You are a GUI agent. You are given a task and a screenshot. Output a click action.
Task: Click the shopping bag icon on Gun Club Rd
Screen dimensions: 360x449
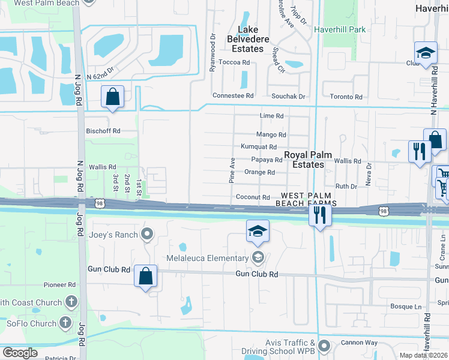[x=145, y=276]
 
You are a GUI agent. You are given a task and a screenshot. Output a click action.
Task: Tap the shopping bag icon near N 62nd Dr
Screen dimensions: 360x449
[x=112, y=97]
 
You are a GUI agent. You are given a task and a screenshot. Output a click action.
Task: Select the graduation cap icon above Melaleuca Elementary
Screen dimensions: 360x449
[x=258, y=231]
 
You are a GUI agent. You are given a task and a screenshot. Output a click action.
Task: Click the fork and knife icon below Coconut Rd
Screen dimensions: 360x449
[x=320, y=215]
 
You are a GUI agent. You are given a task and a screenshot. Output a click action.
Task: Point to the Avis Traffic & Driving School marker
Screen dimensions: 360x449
[x=325, y=346]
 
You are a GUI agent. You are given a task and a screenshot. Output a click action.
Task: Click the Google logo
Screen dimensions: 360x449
[x=19, y=353]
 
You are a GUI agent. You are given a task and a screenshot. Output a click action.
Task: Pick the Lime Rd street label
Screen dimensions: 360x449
[x=271, y=116]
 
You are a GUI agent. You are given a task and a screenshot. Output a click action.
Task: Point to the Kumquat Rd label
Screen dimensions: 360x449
[x=259, y=147]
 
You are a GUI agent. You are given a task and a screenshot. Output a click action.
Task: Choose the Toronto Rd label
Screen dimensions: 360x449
[x=348, y=97]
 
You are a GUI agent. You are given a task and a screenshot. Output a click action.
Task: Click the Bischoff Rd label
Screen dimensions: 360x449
[x=103, y=130]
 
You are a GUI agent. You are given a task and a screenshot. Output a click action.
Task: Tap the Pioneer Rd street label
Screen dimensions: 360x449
[x=59, y=285]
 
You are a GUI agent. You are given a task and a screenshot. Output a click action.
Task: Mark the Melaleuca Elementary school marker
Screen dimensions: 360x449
[x=258, y=259]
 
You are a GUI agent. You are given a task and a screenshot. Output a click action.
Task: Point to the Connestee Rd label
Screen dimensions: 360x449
[x=234, y=95]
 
